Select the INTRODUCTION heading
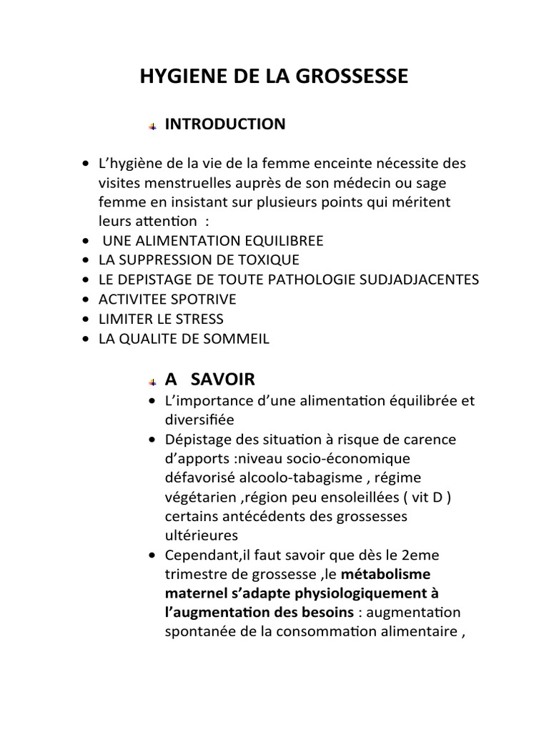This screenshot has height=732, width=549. tap(224, 124)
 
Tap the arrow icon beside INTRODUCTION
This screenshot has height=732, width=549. tap(152, 127)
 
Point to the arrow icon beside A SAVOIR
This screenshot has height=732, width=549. tap(152, 380)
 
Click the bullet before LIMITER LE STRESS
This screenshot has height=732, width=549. tap(87, 320)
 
